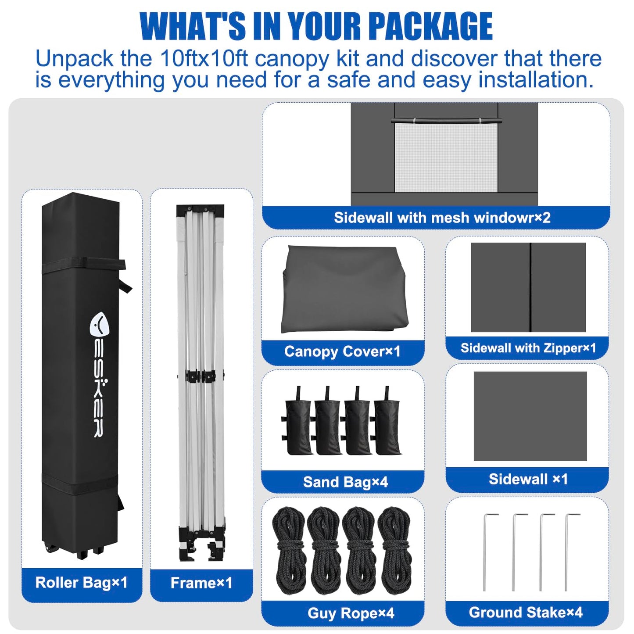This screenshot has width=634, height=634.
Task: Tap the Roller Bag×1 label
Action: [81, 582]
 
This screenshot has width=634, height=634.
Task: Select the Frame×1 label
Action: [201, 583]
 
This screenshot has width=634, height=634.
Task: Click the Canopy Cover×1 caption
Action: [342, 352]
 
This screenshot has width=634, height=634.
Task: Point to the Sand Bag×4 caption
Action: [345, 482]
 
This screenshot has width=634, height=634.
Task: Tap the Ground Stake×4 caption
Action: [526, 613]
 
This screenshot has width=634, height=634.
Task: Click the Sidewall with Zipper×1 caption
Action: [528, 348]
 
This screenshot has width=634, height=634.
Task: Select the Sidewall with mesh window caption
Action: [442, 218]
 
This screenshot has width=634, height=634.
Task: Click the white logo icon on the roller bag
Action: [99, 326]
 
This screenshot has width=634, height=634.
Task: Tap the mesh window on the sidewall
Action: [446, 157]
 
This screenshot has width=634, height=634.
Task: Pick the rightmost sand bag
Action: [387, 421]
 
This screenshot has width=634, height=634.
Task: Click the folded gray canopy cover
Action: [344, 290]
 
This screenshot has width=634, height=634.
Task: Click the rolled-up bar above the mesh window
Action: [446, 120]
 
